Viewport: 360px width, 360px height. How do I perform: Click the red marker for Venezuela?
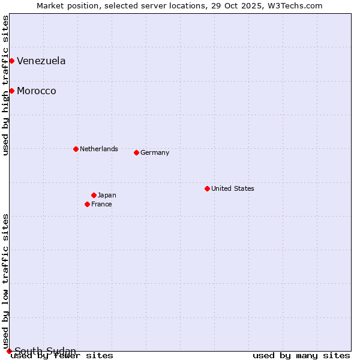coord(11,61)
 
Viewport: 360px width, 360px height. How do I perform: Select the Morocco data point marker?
coord(11,91)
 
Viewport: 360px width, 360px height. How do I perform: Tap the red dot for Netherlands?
coord(76,149)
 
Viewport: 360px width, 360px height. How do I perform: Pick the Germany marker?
coord(136,152)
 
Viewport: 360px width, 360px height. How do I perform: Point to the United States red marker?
coord(207,188)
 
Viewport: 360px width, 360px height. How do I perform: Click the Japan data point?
coord(94,195)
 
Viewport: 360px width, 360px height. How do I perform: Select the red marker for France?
coord(87,204)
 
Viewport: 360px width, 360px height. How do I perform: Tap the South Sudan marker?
coord(9,351)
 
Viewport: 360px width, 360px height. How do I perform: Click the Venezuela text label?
coord(41,61)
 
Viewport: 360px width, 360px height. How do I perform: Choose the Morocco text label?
coord(37,91)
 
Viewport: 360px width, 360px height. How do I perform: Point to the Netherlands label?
coord(99,149)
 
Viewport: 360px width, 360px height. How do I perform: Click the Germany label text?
coord(155,152)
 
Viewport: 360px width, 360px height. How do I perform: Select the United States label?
coord(233,188)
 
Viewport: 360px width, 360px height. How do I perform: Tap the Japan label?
coord(107,195)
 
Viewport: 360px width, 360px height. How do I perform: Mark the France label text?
coord(101,204)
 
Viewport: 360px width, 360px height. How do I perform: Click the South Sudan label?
coord(46,351)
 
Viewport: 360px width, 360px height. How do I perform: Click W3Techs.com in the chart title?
coord(295,5)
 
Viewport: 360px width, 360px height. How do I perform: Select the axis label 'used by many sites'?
coord(301,356)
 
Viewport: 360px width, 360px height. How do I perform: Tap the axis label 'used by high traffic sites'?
coord(5,85)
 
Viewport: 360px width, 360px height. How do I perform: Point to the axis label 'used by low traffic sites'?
coord(5,281)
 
